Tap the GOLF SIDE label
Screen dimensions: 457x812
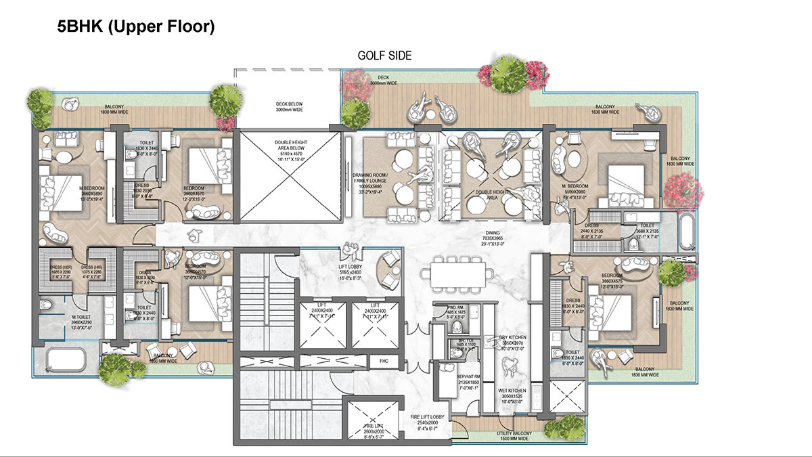coord(384,56)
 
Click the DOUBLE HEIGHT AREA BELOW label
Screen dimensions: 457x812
coord(287,150)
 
